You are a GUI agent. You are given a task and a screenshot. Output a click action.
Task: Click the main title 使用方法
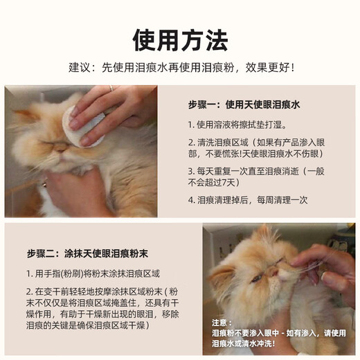(179, 39)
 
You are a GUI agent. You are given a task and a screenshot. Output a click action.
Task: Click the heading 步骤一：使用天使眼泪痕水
(248, 105)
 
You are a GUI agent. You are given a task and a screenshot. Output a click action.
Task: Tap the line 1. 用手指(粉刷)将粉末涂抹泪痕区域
(93, 273)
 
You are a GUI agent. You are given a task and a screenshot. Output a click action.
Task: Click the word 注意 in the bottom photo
(221, 323)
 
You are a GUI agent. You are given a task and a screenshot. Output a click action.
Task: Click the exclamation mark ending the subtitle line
(293, 68)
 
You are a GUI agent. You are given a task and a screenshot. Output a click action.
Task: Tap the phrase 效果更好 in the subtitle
(267, 68)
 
